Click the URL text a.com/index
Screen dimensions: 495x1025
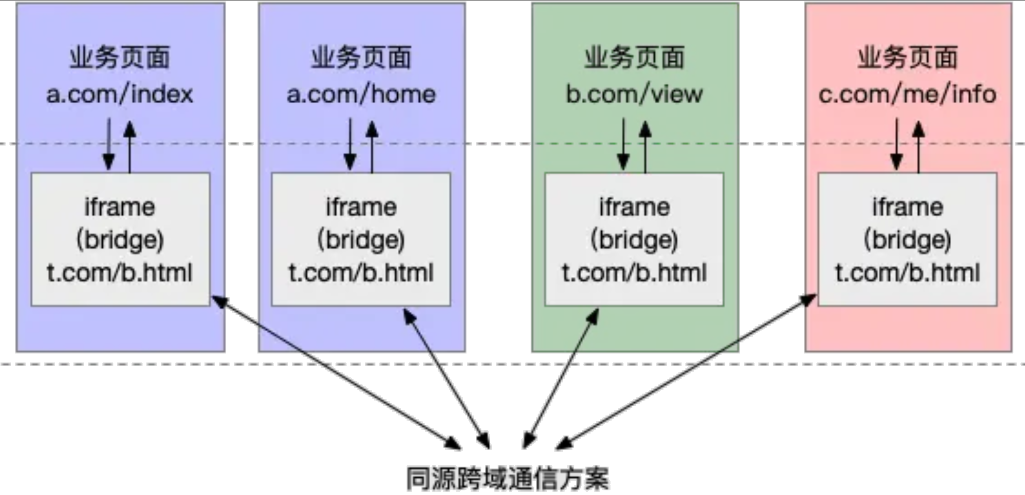(x=119, y=94)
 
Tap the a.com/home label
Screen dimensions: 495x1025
(x=361, y=94)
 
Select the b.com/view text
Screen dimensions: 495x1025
(x=634, y=94)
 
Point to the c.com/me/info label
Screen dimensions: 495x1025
(x=907, y=94)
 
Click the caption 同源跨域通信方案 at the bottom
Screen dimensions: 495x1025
(x=507, y=477)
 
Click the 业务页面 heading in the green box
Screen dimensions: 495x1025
(x=634, y=58)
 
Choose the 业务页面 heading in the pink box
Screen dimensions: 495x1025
(x=907, y=58)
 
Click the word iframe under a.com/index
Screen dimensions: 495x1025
(x=119, y=207)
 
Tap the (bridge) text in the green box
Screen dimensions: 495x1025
(x=634, y=240)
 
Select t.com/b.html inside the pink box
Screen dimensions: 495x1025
(x=907, y=273)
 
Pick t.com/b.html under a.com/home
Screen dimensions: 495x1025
(x=361, y=273)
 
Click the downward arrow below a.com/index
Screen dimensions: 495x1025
(x=109, y=144)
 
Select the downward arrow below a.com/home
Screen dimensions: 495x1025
(x=350, y=144)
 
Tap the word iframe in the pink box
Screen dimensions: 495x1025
(x=907, y=207)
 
